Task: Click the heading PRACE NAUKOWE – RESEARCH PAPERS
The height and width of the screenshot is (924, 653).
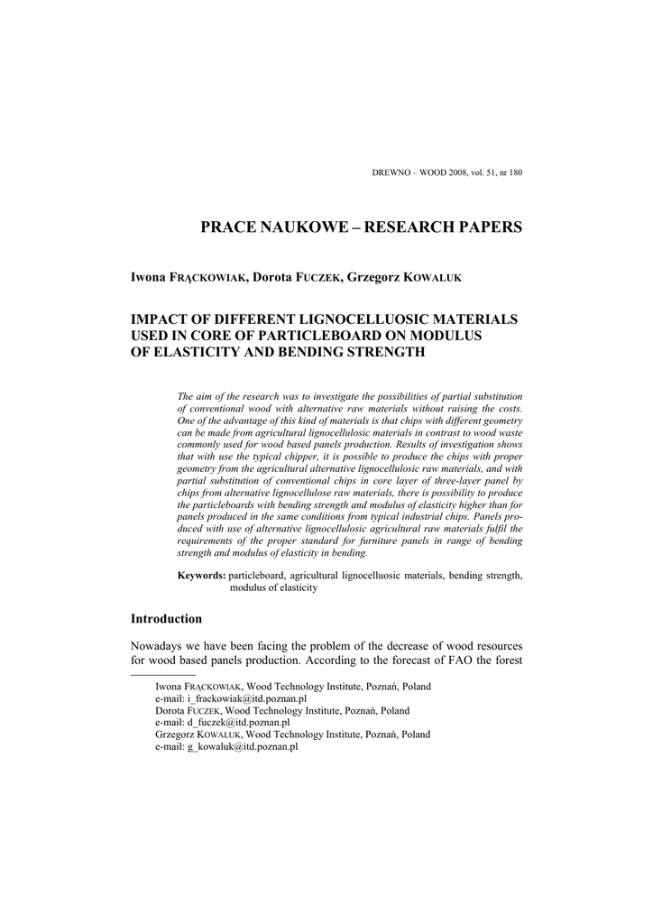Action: coord(361,227)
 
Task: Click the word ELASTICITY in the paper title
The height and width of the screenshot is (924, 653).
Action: coord(189,352)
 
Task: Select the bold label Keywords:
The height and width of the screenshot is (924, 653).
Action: coord(201,575)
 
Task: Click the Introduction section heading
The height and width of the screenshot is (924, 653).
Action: coord(167,619)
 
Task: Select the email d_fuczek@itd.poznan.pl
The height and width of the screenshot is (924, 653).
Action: coord(238,723)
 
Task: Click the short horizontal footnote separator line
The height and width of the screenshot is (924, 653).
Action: coord(163,674)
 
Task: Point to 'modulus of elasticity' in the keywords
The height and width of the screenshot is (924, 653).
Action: coord(273,587)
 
